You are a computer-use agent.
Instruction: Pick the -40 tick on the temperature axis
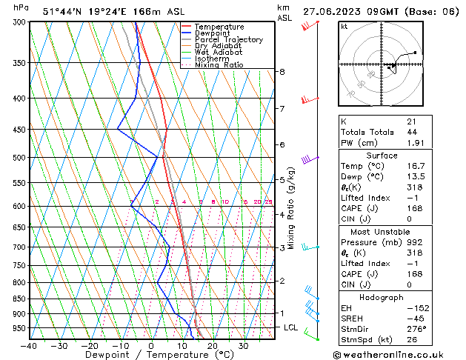point(29,345)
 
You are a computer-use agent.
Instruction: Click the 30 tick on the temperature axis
point(243,345)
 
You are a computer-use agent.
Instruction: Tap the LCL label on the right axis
point(292,327)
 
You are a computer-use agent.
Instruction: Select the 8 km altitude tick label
point(282,72)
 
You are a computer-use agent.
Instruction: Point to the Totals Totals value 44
point(412,132)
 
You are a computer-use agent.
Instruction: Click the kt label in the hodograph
point(344,26)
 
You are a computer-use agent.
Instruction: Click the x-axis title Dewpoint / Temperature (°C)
point(148,355)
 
